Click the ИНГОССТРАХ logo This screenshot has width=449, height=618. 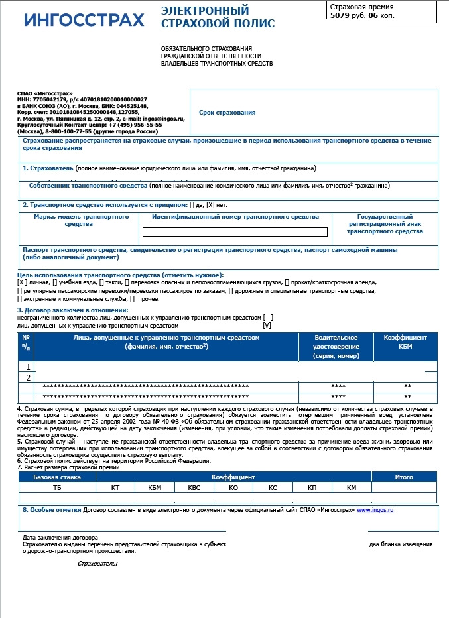pos(84,20)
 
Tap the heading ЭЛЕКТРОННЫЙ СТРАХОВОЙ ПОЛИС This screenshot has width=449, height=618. pos(209,17)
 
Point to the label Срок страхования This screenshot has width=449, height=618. pos(227,113)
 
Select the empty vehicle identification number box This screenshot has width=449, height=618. pos(235,232)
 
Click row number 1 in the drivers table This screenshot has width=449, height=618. pos(28,367)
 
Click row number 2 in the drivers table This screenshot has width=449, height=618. pos(28,378)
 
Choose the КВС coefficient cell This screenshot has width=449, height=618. pos(194,488)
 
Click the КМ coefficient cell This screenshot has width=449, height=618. pos(352,488)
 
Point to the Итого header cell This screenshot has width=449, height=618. pos(404,477)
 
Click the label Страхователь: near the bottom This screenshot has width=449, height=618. pos(97,564)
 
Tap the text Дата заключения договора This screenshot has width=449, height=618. pos(60,537)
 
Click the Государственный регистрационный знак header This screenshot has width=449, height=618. pos(385,224)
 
